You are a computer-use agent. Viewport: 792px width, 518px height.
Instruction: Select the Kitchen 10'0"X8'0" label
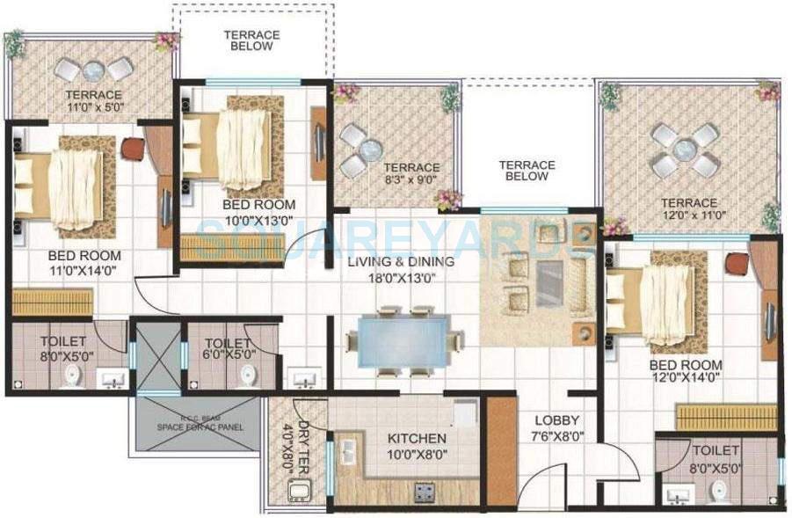point(417,445)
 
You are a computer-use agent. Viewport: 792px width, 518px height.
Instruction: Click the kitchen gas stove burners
point(424,491)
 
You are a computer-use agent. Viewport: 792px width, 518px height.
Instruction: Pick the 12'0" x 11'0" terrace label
point(690,209)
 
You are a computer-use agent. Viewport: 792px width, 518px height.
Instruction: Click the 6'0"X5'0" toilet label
point(228,350)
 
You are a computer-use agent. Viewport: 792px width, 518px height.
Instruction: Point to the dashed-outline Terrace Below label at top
point(251,40)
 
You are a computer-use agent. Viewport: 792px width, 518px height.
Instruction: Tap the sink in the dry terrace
point(299,493)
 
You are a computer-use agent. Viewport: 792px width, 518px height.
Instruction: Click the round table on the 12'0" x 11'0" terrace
point(685,149)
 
